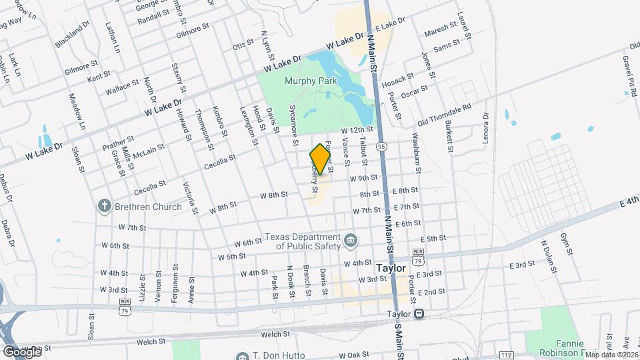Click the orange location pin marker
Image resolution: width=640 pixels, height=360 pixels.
coord(321,159)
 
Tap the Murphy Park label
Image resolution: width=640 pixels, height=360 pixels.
coord(311,81)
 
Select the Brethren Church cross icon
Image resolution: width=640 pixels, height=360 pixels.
coord(104,206)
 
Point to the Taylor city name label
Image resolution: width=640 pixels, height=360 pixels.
coord(391,267)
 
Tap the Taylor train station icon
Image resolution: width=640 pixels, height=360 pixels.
coord(418,314)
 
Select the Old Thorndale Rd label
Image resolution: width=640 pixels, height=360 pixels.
coord(444,114)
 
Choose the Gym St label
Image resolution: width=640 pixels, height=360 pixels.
coord(567,244)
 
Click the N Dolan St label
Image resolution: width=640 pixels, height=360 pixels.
coord(549,257)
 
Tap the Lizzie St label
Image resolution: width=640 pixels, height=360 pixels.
coord(142,291)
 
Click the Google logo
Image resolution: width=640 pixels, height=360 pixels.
coord(22,351)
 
